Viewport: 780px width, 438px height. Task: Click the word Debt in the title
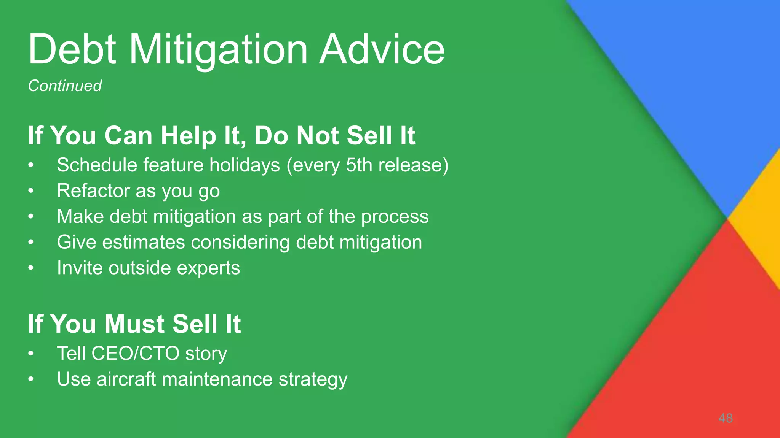tap(72, 49)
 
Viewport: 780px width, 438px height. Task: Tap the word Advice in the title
tap(382, 49)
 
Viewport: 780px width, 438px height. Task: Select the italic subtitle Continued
tap(65, 86)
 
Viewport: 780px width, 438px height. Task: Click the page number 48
tap(726, 418)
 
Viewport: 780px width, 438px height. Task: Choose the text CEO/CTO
tap(135, 354)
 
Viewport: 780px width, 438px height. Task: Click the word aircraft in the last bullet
tap(126, 379)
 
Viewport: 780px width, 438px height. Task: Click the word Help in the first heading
tap(188, 136)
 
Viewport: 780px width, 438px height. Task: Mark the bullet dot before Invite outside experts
tap(31, 268)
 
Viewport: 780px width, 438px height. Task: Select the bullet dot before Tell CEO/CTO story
tap(31, 354)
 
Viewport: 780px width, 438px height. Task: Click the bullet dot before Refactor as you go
tap(31, 191)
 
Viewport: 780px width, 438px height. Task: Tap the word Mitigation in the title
tap(218, 49)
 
